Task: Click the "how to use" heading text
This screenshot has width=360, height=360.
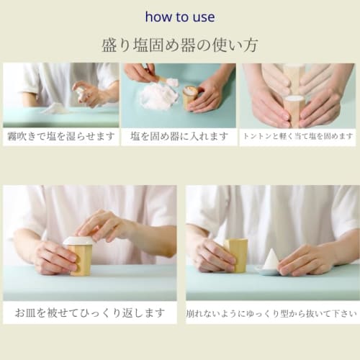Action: click(179, 17)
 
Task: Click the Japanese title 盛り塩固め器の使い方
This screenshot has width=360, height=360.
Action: click(179, 45)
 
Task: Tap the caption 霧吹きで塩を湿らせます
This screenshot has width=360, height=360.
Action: click(60, 136)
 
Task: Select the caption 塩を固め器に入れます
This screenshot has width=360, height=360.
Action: click(179, 136)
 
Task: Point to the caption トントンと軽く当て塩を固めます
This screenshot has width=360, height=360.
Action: click(298, 136)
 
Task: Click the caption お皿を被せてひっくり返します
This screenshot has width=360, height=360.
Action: click(89, 313)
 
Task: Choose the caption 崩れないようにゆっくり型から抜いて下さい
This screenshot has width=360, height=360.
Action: click(272, 314)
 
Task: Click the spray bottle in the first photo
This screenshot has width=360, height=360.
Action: click(81, 94)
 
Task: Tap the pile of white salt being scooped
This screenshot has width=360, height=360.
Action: click(158, 96)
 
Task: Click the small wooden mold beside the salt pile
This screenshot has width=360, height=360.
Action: click(191, 96)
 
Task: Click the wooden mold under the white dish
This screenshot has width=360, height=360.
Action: click(81, 259)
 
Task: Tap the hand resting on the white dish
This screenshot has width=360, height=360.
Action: click(104, 225)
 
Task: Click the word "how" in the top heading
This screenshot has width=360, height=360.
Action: click(157, 17)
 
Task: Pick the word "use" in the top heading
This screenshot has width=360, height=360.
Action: click(203, 17)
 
